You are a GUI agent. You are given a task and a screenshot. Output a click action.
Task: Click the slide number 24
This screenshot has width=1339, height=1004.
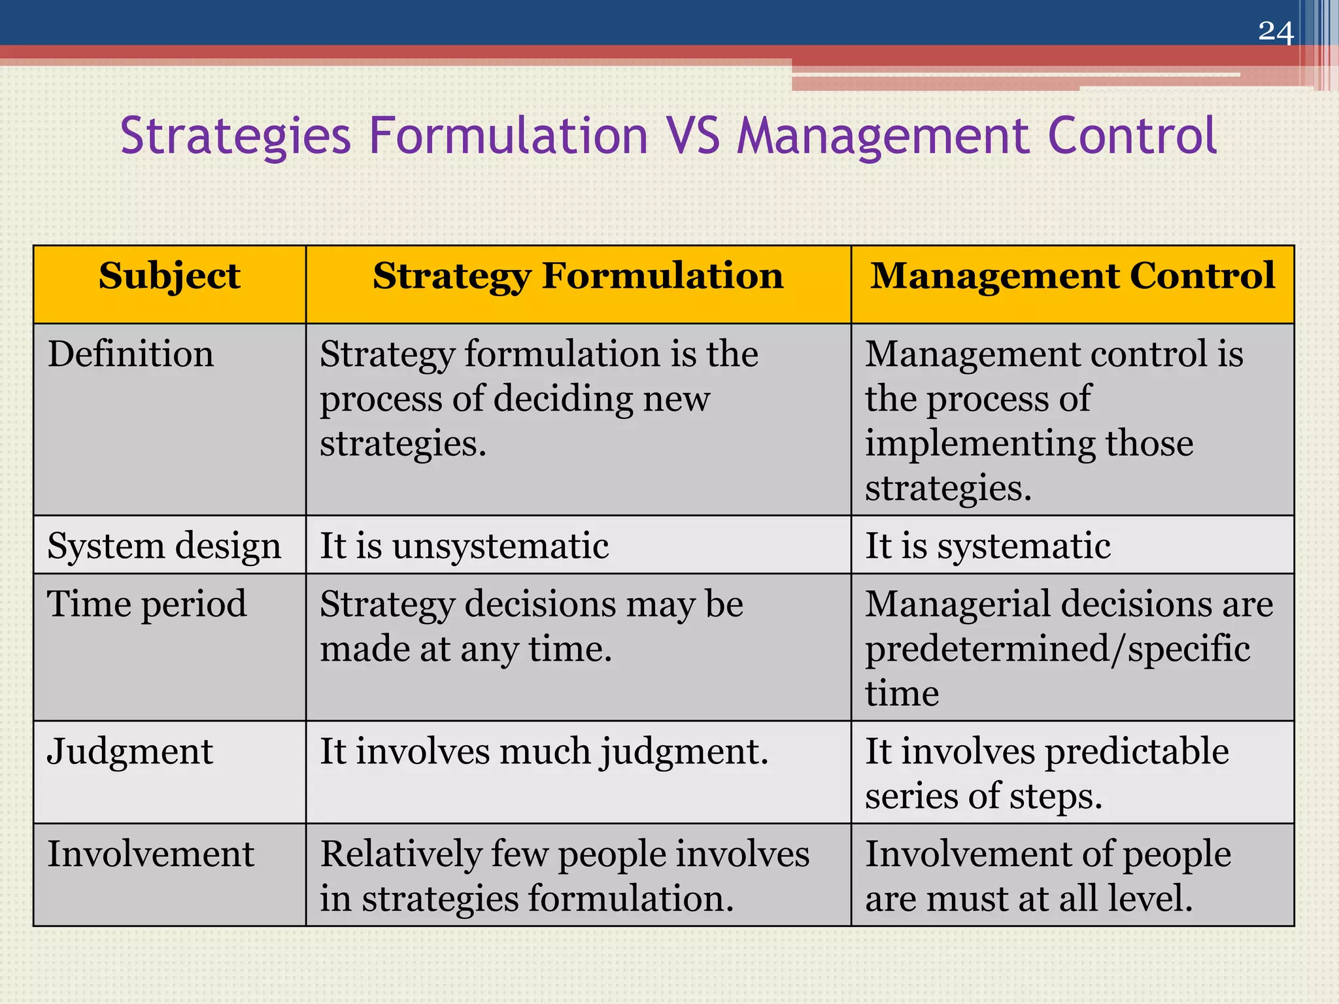(x=1276, y=32)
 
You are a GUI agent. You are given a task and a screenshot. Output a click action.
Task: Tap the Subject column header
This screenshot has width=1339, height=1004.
(x=169, y=275)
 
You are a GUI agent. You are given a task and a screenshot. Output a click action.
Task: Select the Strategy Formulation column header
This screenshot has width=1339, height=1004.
(x=578, y=275)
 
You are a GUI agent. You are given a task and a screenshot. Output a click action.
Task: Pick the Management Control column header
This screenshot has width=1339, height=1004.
(x=1072, y=275)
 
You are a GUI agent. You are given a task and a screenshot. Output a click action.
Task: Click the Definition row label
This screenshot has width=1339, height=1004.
(x=131, y=354)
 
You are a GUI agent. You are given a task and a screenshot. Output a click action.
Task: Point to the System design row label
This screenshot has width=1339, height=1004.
(x=164, y=546)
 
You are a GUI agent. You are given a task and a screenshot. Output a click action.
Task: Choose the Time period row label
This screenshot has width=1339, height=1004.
(x=147, y=603)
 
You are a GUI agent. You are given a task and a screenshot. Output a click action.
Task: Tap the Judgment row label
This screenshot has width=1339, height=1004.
(x=130, y=751)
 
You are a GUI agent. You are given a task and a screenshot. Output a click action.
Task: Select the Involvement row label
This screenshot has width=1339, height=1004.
(x=151, y=854)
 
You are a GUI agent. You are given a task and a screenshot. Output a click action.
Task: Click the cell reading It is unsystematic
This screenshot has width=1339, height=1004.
(x=464, y=546)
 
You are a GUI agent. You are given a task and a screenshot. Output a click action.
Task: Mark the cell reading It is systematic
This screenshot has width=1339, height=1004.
(x=987, y=546)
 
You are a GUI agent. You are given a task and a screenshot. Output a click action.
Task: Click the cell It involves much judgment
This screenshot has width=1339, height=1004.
(x=544, y=751)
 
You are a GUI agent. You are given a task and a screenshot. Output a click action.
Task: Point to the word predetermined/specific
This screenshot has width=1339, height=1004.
(x=1057, y=648)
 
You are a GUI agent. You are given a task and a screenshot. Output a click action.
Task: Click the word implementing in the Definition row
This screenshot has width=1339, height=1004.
(x=981, y=444)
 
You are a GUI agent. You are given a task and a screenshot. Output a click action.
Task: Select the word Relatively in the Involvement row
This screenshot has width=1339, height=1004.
(x=401, y=854)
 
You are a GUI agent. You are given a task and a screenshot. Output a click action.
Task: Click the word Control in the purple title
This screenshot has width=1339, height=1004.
(x=1132, y=135)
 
